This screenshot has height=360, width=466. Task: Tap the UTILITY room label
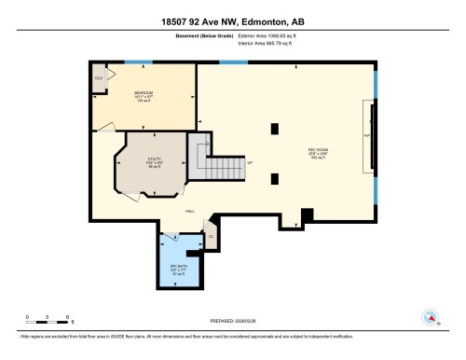point(154,159)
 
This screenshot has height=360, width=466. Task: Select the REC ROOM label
point(316,151)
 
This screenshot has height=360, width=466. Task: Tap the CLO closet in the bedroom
point(99,77)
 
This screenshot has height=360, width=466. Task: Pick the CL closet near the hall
point(211,236)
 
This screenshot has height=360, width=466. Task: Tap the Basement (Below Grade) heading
point(197,35)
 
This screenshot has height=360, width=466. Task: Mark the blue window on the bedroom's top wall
point(139,62)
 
